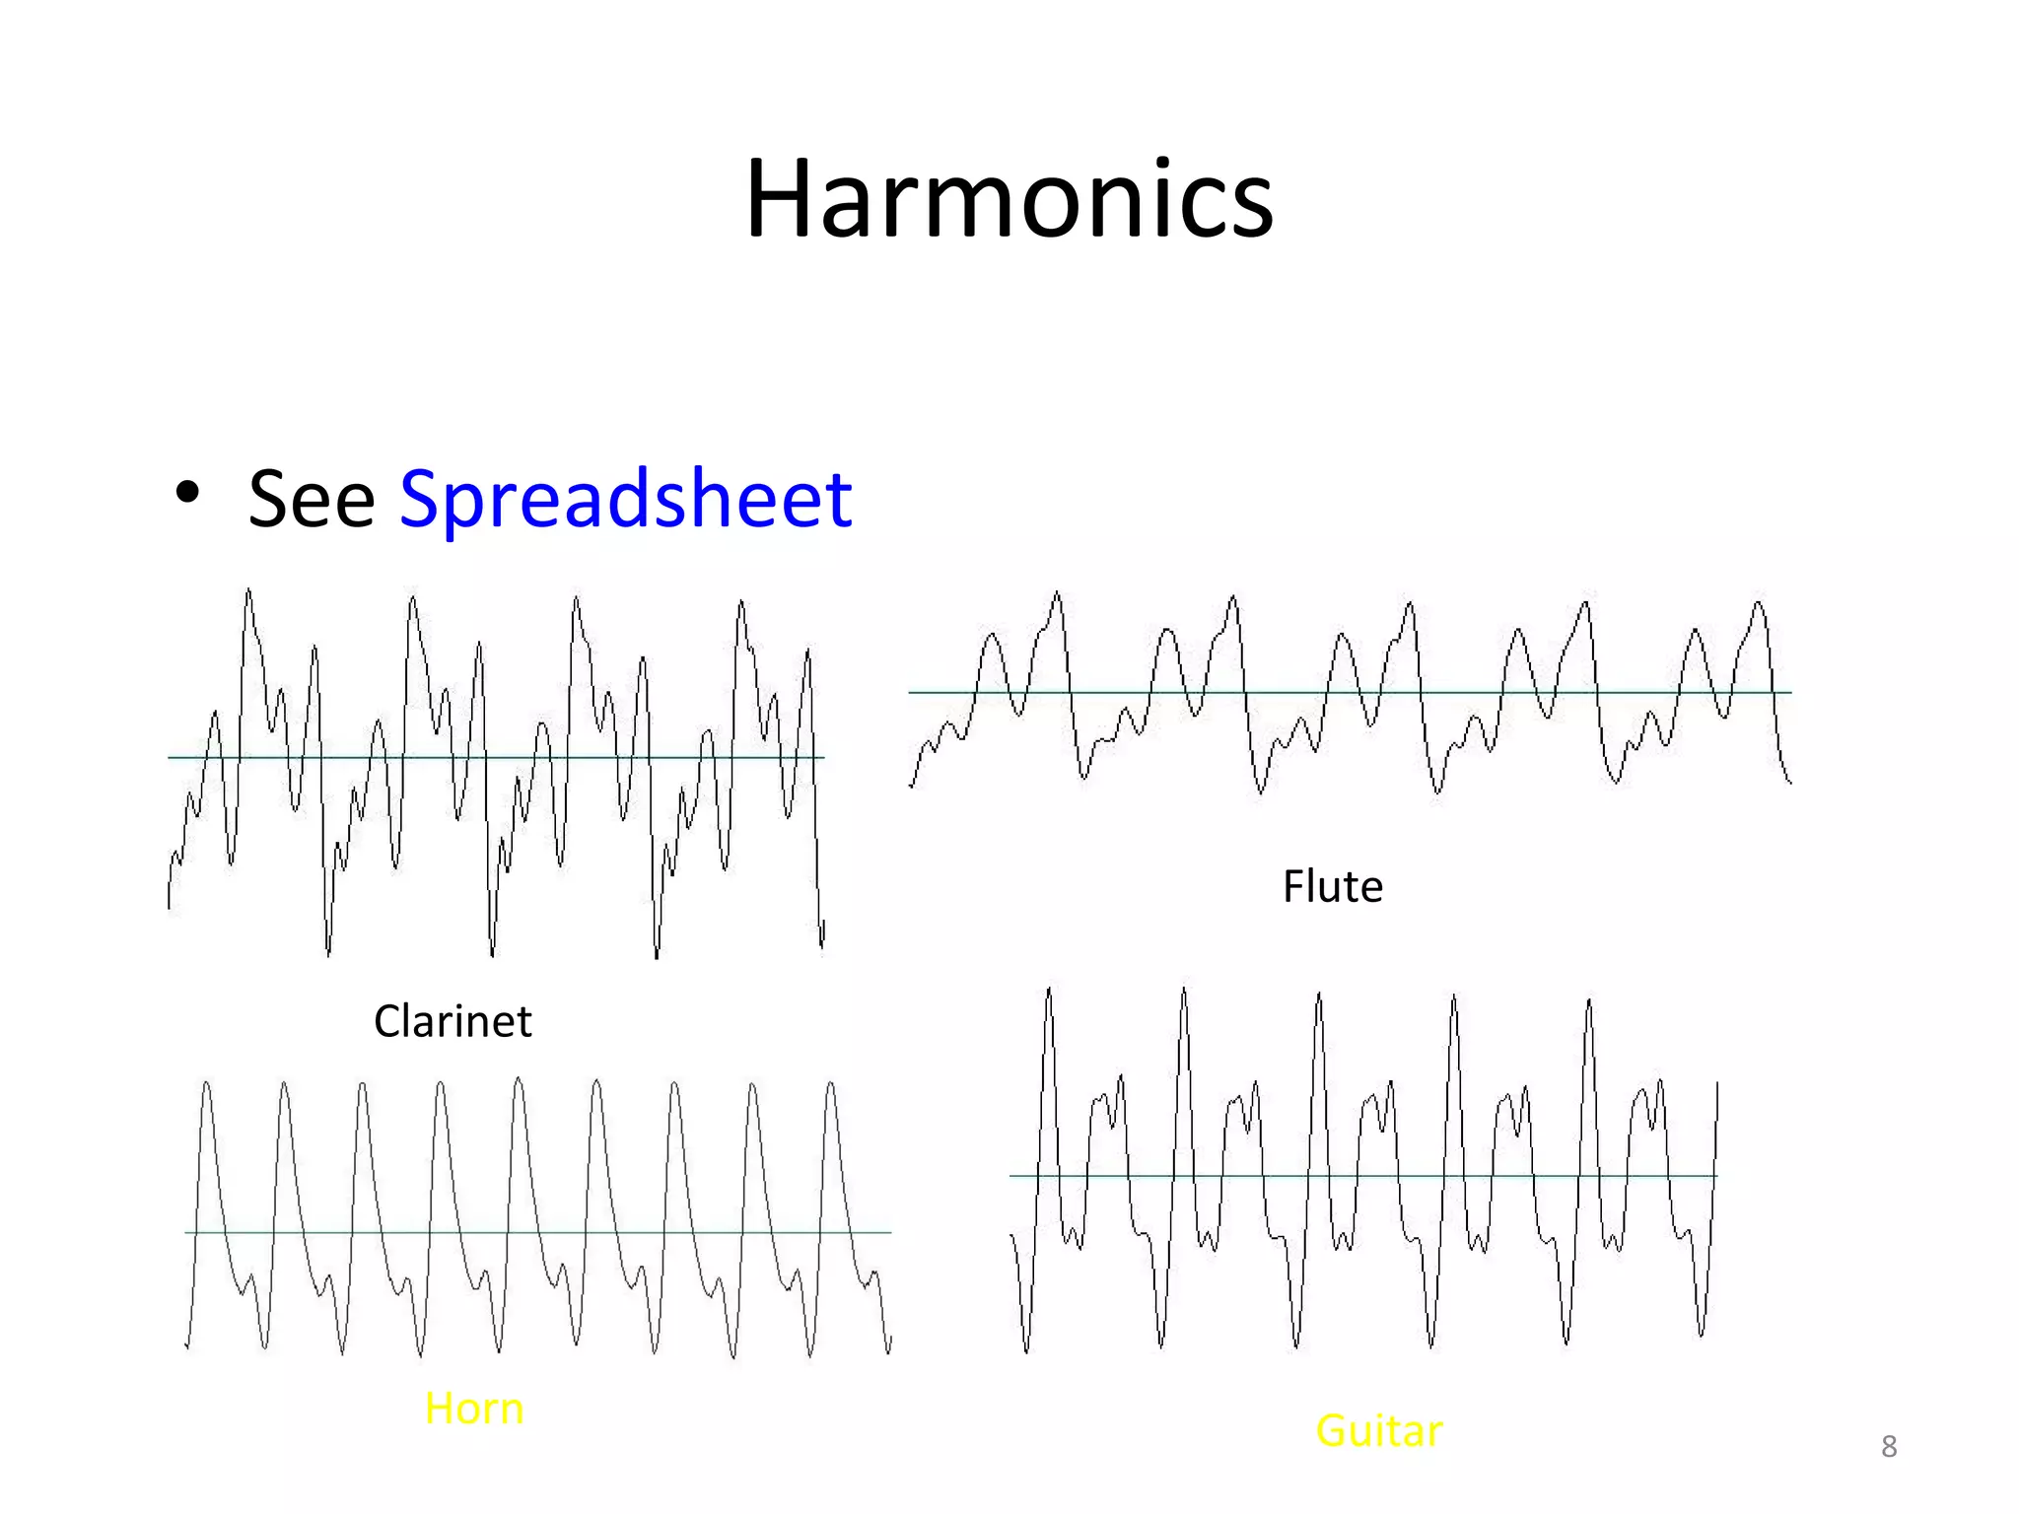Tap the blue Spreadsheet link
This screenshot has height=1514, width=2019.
pyautogui.click(x=625, y=499)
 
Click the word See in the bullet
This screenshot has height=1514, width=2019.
pyautogui.click(x=311, y=499)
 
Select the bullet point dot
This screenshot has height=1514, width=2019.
pyautogui.click(x=187, y=492)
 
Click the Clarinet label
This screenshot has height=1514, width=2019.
pyautogui.click(x=453, y=1021)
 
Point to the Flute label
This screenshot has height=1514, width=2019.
pyautogui.click(x=1332, y=886)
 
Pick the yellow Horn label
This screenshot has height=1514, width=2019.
pyautogui.click(x=474, y=1408)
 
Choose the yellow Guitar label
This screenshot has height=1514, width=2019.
pyautogui.click(x=1378, y=1430)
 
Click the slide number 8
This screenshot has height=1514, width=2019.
pyautogui.click(x=1889, y=1446)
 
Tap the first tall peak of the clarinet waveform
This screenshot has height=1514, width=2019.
pyautogui.click(x=248, y=591)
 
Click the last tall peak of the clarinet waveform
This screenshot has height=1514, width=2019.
pyautogui.click(x=740, y=601)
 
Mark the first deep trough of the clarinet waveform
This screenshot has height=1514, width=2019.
pyautogui.click(x=328, y=952)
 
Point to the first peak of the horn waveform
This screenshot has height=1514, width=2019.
pyautogui.click(x=206, y=1084)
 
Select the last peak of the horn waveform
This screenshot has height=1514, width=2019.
pyautogui.click(x=830, y=1084)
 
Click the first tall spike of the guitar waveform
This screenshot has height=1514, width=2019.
pyautogui.click(x=1049, y=991)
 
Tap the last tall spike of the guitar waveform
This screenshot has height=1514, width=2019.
pyautogui.click(x=1588, y=1002)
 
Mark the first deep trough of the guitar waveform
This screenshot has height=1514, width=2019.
pyautogui.click(x=1026, y=1350)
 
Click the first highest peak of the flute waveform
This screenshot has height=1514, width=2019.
pyautogui.click(x=1057, y=594)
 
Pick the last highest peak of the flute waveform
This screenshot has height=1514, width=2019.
pyautogui.click(x=1759, y=602)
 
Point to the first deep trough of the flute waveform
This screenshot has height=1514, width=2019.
pyautogui.click(x=1084, y=777)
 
